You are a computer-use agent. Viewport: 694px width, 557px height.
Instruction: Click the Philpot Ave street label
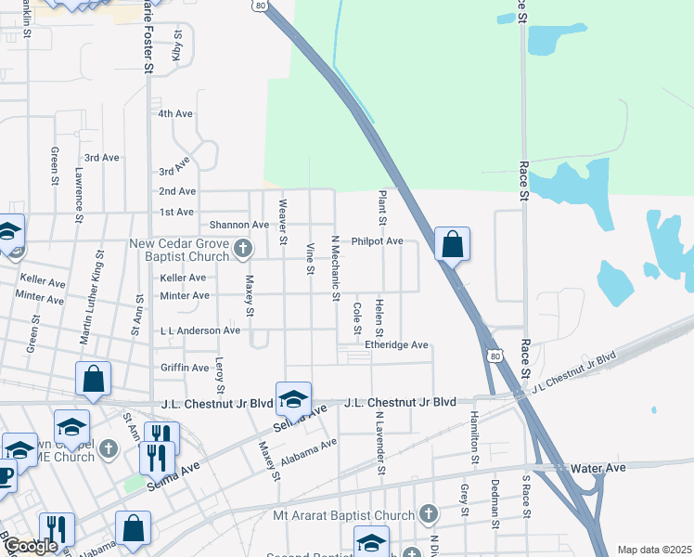coord(377,241)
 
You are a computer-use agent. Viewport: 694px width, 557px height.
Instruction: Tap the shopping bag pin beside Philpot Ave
coord(452,245)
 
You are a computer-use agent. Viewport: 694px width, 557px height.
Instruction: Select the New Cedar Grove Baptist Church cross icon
coord(243,248)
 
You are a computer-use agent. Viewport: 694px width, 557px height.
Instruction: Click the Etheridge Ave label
coord(396,345)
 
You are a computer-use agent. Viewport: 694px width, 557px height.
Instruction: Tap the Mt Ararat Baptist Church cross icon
coord(428,512)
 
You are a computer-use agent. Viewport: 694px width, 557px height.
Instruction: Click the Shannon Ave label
coord(238,225)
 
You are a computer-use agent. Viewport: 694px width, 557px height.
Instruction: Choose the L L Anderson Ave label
coord(200,330)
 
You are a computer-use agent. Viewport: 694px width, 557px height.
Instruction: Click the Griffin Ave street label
coord(185,368)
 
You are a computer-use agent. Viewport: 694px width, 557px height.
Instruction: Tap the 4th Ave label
coord(174,113)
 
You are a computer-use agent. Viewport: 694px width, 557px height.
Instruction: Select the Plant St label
coord(381,208)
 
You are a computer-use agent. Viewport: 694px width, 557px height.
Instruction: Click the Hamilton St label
coord(473,437)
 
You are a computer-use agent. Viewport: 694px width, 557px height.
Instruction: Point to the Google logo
coord(30,546)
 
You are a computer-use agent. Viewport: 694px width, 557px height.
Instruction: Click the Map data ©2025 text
coord(653,550)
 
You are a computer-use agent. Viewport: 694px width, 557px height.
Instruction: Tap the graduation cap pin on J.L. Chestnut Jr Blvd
coord(293,399)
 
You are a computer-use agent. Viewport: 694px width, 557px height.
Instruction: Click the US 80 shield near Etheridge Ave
coord(495,356)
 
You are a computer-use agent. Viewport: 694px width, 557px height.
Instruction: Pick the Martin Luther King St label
coord(91,303)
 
